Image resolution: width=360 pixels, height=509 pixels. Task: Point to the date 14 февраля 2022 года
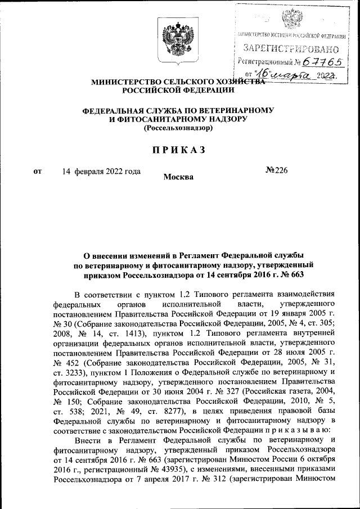pos(101,171)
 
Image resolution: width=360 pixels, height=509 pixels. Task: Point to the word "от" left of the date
pos(38,171)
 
